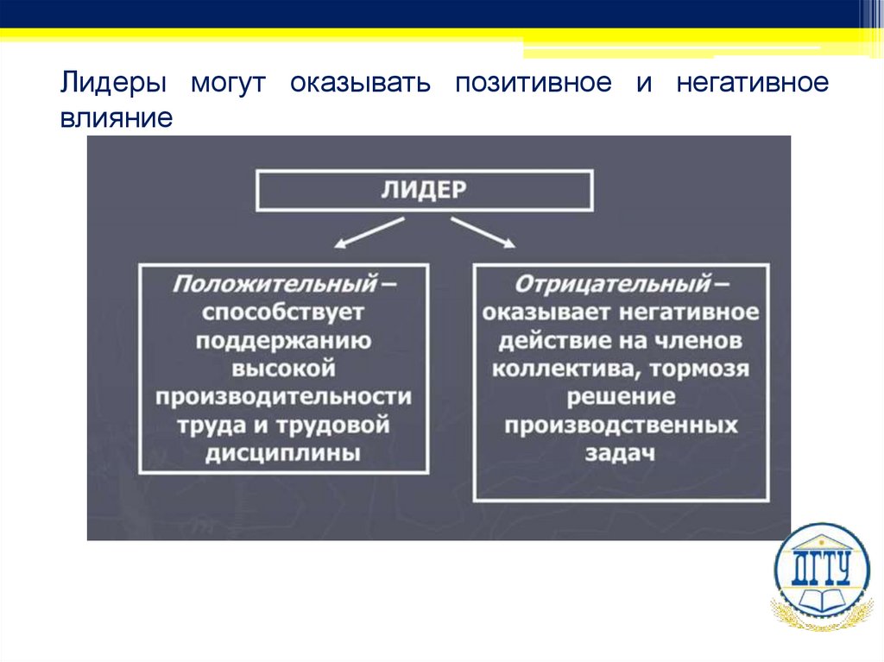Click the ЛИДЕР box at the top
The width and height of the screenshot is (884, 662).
(x=424, y=190)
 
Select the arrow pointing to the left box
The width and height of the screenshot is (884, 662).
(x=369, y=233)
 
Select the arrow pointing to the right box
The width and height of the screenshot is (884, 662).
(x=483, y=233)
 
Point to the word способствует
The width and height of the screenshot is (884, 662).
(x=283, y=312)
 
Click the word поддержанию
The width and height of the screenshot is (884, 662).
(x=283, y=340)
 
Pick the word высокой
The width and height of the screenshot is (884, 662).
(x=283, y=369)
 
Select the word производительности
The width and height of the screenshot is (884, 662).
(x=283, y=397)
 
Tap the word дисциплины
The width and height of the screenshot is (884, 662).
(x=283, y=454)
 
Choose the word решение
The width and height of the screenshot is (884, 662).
(x=621, y=397)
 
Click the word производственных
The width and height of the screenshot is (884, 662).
(x=621, y=426)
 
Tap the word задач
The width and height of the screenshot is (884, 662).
(x=621, y=454)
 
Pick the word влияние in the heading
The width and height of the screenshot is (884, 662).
(x=117, y=117)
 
